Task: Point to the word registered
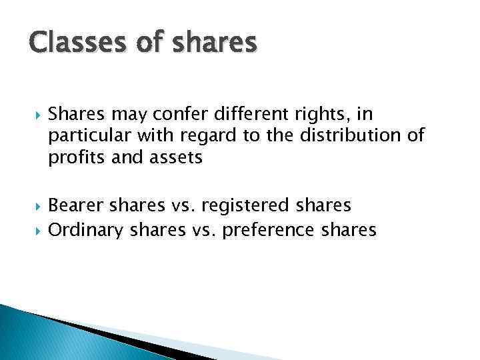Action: point(251,204)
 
